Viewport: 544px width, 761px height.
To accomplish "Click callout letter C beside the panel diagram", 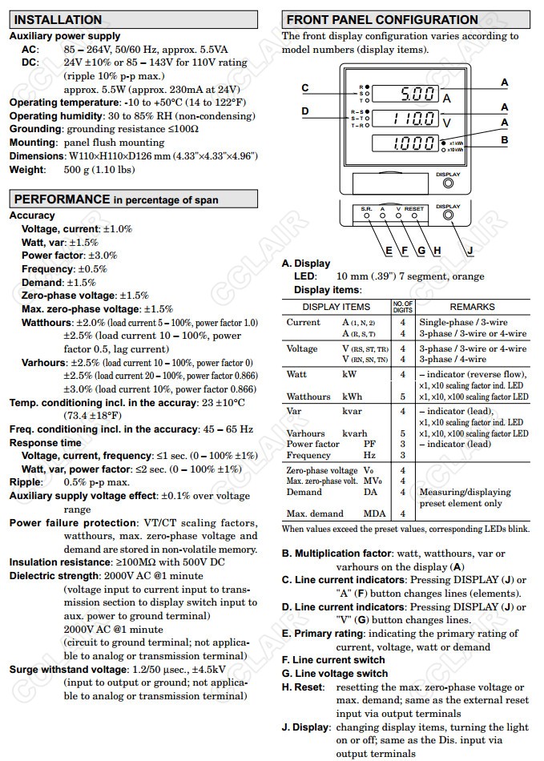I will [x=305, y=88].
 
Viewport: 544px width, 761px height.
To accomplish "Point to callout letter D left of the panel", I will [x=305, y=111].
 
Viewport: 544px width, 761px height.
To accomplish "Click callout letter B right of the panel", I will [x=504, y=139].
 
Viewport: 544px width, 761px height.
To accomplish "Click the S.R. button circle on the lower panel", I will [x=367, y=215].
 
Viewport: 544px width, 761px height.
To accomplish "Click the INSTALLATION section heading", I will [x=58, y=19].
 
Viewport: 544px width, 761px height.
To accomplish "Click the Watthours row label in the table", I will [x=308, y=397].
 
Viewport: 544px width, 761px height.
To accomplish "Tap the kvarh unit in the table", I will [x=353, y=433].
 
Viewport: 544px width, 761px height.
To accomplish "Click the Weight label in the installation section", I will [x=26, y=170].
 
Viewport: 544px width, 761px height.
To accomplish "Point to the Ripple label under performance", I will [x=26, y=482].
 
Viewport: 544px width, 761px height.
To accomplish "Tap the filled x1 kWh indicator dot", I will [x=444, y=142].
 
